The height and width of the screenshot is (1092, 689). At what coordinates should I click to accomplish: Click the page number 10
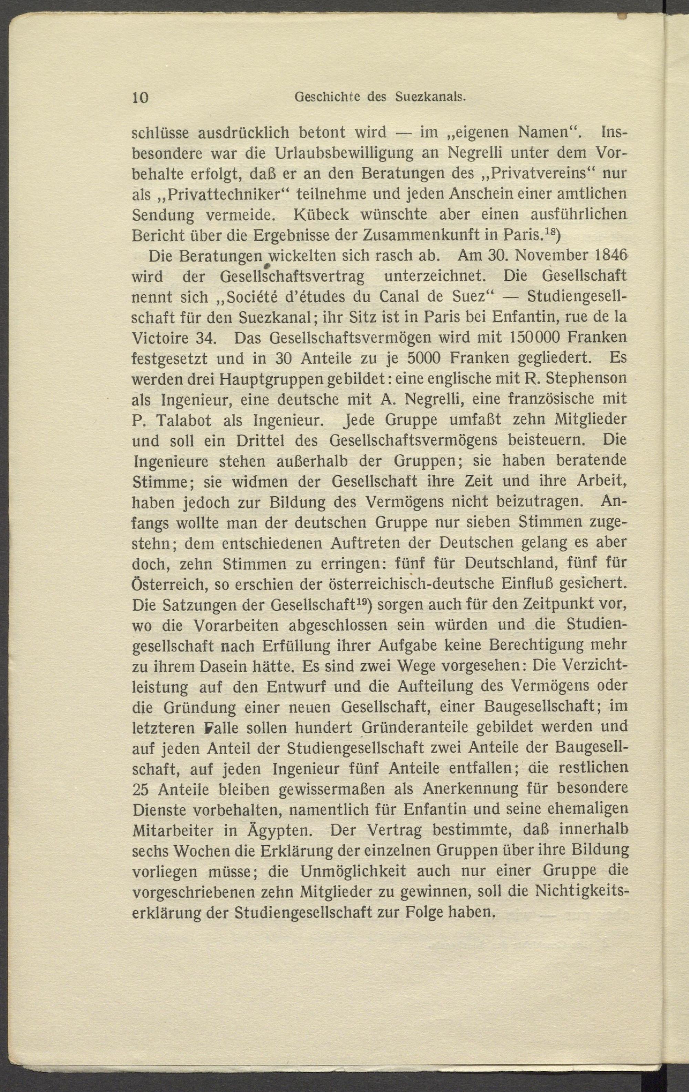(x=140, y=97)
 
